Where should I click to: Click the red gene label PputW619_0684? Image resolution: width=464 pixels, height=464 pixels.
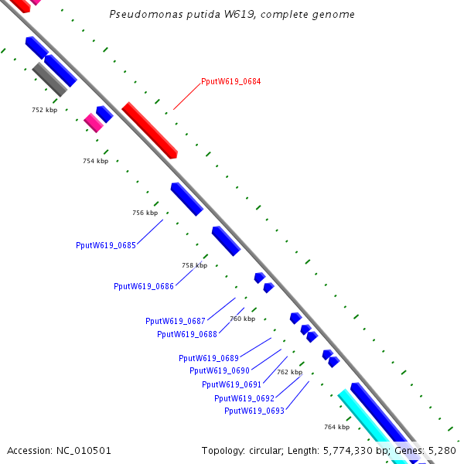point(230,81)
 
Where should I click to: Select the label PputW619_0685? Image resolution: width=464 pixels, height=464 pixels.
point(106,245)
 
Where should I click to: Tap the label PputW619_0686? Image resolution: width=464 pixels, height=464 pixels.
point(144,286)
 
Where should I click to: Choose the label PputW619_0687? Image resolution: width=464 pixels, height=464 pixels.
point(176,321)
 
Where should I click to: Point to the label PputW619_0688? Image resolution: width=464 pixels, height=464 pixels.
point(187,334)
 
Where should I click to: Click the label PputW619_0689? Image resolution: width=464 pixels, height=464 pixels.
point(209,358)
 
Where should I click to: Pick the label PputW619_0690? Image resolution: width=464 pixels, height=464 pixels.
point(220,370)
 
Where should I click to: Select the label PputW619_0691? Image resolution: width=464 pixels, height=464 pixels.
point(232,384)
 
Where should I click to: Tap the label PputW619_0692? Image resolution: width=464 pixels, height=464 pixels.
point(244,398)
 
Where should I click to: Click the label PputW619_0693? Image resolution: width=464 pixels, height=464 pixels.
point(254,411)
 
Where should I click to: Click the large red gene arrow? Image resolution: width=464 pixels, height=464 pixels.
point(149,130)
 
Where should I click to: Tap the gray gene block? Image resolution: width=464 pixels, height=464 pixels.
point(50,80)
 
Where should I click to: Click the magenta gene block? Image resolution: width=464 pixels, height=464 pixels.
point(94,122)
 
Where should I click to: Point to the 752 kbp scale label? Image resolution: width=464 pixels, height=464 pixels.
point(44,110)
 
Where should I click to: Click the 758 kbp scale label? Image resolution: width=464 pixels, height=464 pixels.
point(195,265)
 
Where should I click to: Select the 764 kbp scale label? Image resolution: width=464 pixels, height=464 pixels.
point(336,427)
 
